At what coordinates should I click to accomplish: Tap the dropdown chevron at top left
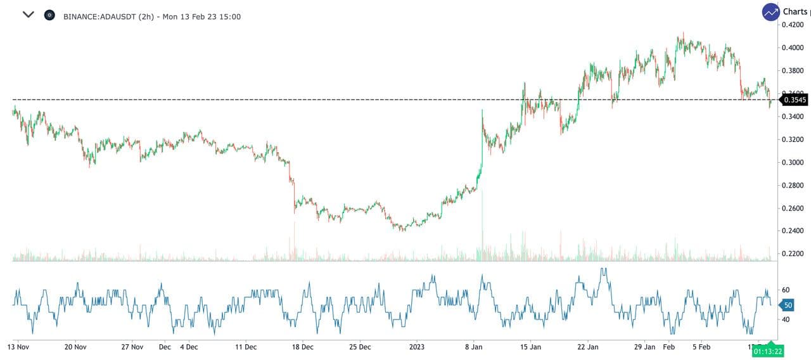(x=28, y=15)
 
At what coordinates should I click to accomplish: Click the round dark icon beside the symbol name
(x=49, y=15)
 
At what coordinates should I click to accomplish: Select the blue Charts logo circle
(x=770, y=12)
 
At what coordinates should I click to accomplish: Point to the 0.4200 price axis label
(x=793, y=25)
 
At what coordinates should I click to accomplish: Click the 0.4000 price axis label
(x=793, y=48)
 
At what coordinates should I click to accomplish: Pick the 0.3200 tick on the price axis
(x=793, y=139)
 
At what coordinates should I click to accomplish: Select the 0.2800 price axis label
(x=793, y=185)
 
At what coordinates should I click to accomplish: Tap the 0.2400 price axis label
(x=793, y=231)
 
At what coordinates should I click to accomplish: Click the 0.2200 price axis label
(x=793, y=254)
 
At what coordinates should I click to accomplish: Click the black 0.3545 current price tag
(x=794, y=100)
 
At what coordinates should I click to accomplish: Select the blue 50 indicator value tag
(x=788, y=305)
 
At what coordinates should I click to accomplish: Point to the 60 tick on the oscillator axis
(x=786, y=290)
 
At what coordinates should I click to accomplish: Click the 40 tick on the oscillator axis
(x=786, y=319)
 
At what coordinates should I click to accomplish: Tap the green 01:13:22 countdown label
(x=768, y=350)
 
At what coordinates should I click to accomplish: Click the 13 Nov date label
(x=19, y=347)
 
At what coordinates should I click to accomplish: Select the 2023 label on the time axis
(x=416, y=347)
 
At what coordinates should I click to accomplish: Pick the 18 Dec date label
(x=303, y=347)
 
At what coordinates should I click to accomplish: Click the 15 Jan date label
(x=531, y=347)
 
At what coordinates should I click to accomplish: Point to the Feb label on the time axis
(x=669, y=347)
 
